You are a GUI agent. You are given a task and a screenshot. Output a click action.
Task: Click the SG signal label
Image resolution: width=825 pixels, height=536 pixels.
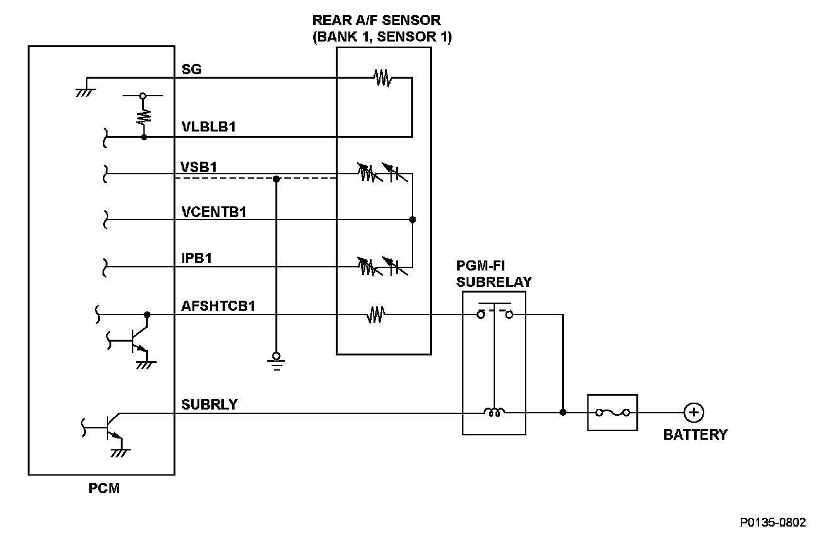(x=191, y=69)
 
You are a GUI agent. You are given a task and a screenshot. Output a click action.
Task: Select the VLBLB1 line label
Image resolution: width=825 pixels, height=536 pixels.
(x=208, y=126)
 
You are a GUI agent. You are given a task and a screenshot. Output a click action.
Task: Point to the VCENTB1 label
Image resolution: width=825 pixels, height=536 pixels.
(x=213, y=211)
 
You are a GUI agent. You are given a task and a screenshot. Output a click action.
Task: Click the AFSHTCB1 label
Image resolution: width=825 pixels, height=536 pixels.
(x=218, y=306)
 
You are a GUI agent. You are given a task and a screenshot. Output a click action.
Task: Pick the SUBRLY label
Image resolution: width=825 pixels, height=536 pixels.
(x=209, y=404)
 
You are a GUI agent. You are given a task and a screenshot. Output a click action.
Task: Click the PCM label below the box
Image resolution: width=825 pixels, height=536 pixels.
(x=104, y=488)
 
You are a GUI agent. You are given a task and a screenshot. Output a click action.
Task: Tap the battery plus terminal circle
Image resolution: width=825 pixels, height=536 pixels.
(x=694, y=413)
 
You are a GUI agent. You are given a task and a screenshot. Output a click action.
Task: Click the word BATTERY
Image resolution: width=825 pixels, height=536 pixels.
(x=695, y=435)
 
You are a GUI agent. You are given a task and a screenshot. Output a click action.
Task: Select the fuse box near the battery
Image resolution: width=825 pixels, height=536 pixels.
(x=612, y=413)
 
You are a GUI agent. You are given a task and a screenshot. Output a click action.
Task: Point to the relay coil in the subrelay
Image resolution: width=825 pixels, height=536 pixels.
(x=494, y=413)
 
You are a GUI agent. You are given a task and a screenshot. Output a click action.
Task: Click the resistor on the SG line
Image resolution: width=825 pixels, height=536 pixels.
(x=382, y=78)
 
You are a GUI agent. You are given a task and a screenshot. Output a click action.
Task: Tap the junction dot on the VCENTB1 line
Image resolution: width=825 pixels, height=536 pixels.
(x=412, y=220)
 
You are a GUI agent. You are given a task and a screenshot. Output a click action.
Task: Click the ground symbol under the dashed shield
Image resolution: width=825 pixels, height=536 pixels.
(x=276, y=359)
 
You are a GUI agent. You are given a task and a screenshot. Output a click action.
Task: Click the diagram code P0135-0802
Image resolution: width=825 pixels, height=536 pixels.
(x=772, y=522)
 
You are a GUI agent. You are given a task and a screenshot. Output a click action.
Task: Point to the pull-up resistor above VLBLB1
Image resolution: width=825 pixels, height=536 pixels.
(x=144, y=116)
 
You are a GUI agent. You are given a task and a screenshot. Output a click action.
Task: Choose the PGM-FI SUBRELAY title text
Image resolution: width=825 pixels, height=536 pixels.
(x=494, y=274)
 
